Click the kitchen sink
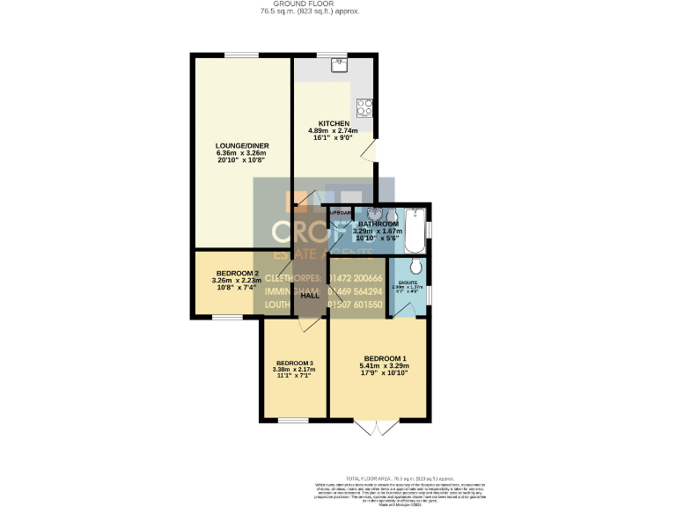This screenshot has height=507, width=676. tap(338, 63)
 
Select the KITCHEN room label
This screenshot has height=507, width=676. tap(334, 123)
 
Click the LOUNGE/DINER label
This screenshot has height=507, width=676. tap(241, 145)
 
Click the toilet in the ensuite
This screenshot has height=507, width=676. tap(415, 268)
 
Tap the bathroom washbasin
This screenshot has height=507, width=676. tap(375, 214)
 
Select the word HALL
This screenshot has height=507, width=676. tap(310, 296)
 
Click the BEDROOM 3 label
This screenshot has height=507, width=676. tap(294, 364)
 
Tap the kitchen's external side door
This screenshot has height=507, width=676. tap(374, 151)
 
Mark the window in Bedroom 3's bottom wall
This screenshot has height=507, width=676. tap(294, 419)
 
